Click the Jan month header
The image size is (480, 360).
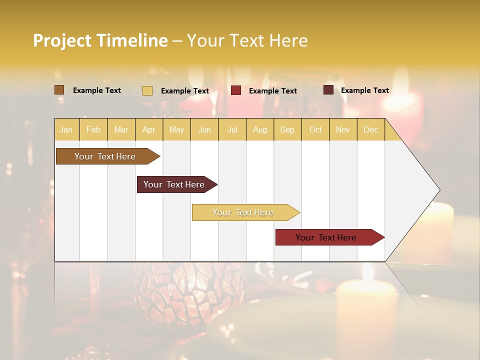[66, 129]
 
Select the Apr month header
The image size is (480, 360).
[149, 129]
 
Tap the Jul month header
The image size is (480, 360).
[232, 129]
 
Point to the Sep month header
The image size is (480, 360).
[287, 129]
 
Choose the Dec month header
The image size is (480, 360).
[371, 129]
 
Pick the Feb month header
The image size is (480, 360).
[93, 129]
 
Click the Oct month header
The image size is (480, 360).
[315, 129]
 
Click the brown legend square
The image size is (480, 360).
[59, 90]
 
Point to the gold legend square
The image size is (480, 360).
[147, 90]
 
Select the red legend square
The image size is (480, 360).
[236, 90]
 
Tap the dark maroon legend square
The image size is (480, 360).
[328, 90]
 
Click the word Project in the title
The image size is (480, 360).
[61, 41]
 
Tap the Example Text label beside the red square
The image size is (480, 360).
[273, 91]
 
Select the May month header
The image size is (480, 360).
[176, 129]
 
